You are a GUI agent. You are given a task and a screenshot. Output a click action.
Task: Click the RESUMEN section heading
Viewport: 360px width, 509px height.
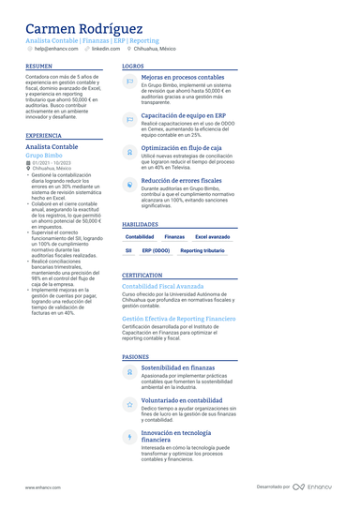[39, 67]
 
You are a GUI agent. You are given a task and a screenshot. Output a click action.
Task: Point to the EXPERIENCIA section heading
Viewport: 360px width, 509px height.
[44, 136]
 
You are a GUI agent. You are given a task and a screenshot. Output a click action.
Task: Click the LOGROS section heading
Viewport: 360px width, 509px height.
[133, 67]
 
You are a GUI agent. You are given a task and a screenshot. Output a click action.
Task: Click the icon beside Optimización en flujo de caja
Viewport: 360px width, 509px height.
[129, 150]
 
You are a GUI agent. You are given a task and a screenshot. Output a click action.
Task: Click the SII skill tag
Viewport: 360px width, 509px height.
[128, 251]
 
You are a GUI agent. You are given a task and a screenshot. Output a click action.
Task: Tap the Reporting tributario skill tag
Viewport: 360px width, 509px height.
[202, 251]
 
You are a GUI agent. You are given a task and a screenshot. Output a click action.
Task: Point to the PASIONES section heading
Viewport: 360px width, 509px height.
[136, 357]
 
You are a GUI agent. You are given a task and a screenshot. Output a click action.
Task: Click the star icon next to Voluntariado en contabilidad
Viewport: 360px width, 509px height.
[129, 404]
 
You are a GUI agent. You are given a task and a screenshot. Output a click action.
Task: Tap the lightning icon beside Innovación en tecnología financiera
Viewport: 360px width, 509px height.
[129, 437]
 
